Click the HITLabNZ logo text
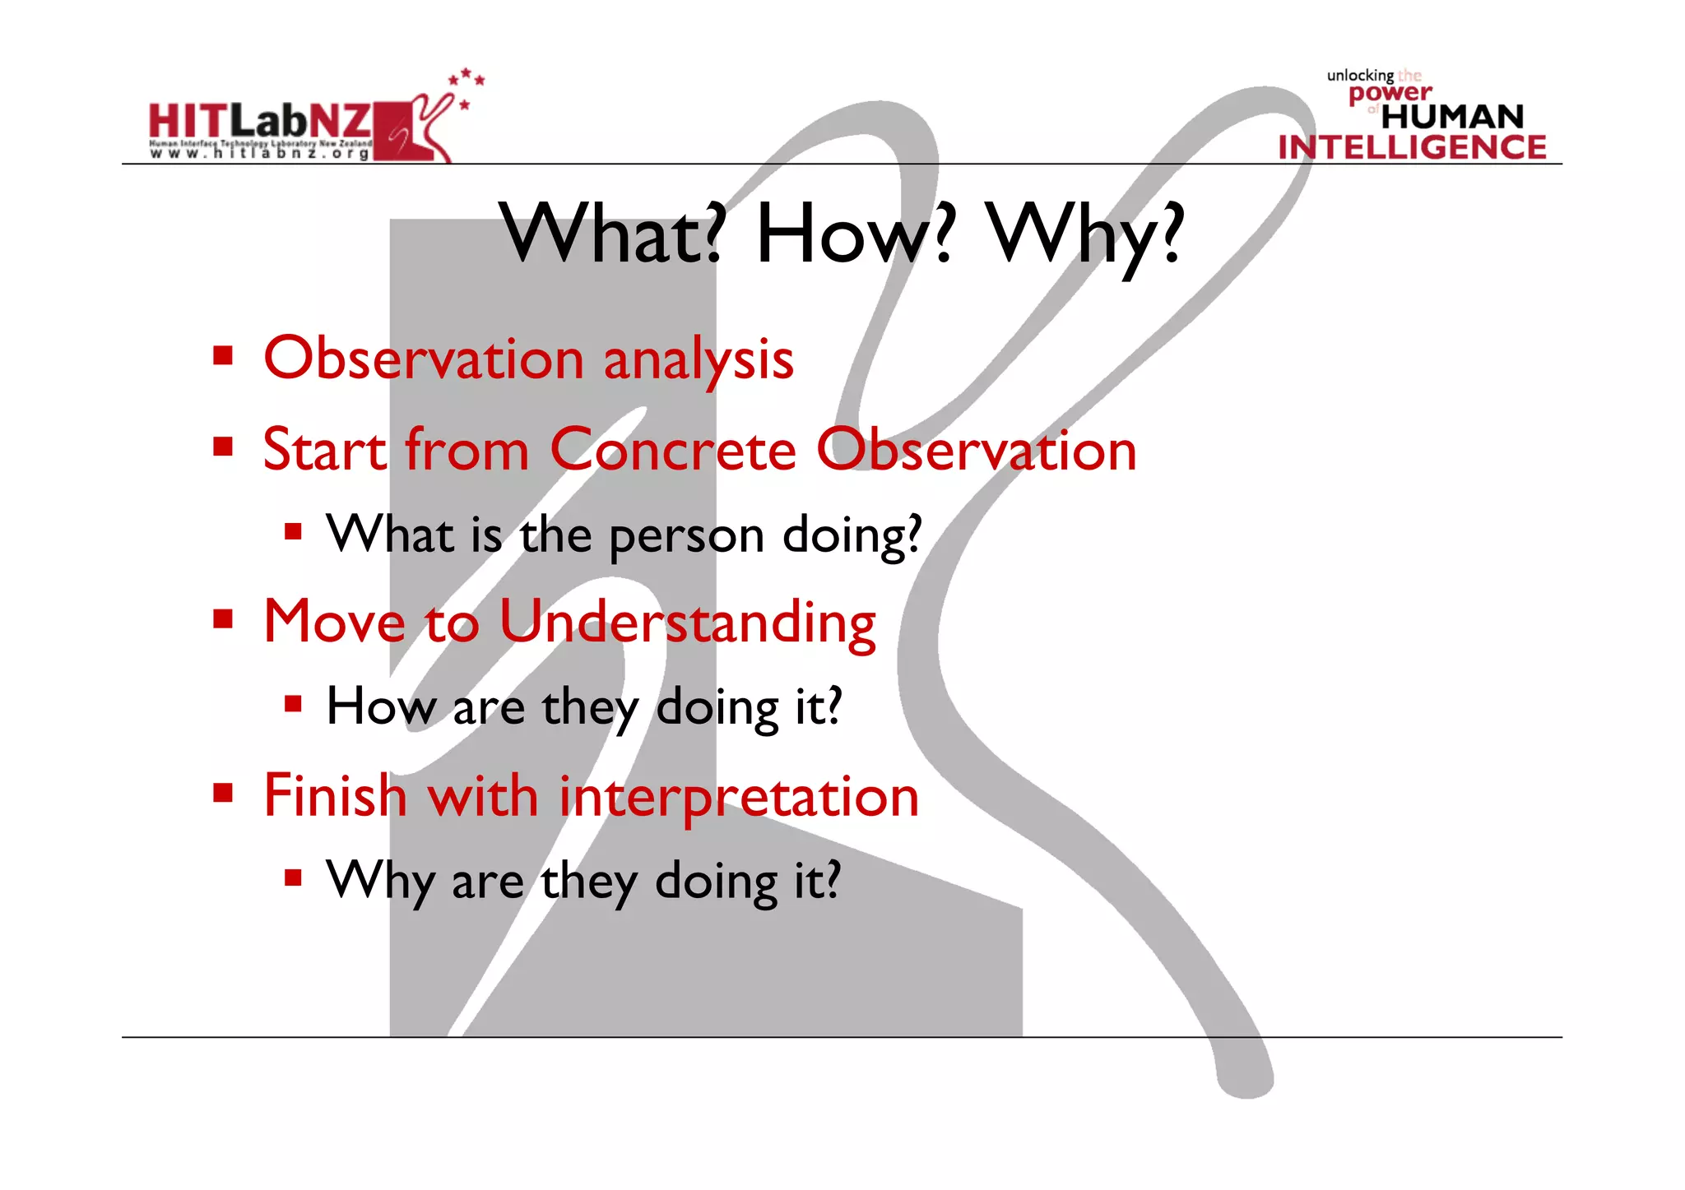coord(259,122)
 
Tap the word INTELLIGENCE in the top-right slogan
coord(1412,147)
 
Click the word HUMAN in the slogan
coord(1452,117)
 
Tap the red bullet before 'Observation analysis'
coord(223,356)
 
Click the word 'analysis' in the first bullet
coord(699,360)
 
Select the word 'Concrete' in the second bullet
coord(673,450)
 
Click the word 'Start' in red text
coord(324,450)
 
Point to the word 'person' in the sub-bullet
coord(686,536)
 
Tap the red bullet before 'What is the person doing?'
coord(294,530)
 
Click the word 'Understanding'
coord(687,623)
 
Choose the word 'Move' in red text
coord(334,623)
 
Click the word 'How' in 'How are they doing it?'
coord(381,706)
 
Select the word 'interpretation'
coord(738,796)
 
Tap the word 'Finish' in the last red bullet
coord(335,796)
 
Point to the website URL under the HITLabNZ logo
coord(259,153)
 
